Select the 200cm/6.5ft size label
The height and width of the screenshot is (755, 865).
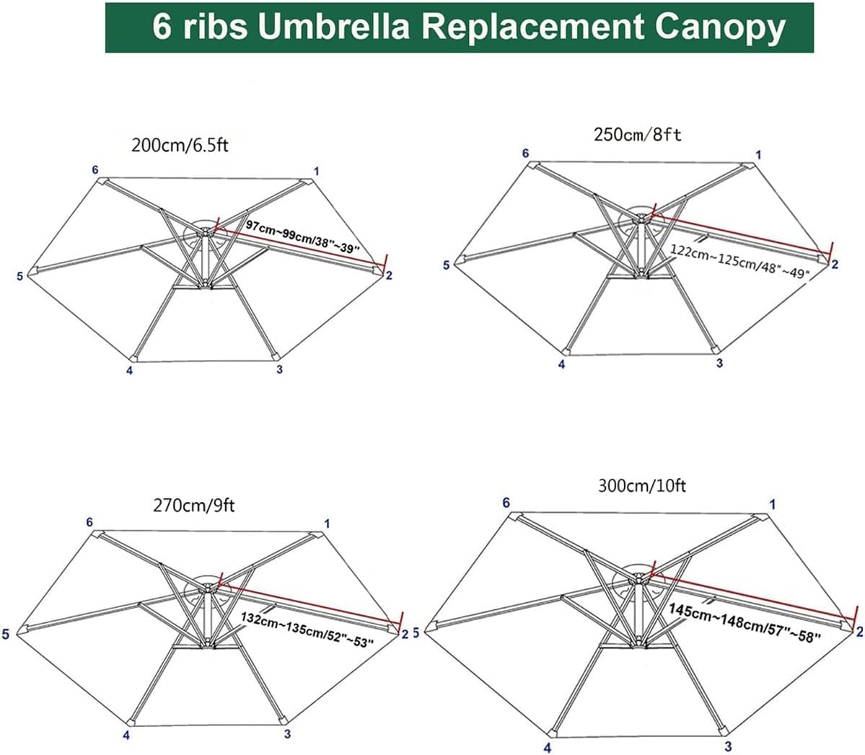tap(180, 145)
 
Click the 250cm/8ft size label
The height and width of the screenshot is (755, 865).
tap(637, 134)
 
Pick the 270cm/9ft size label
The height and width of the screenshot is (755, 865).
tap(193, 505)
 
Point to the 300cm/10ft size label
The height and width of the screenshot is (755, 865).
tap(642, 486)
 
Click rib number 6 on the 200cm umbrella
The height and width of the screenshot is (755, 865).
tap(95, 169)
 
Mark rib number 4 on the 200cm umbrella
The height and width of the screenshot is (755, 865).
tap(129, 371)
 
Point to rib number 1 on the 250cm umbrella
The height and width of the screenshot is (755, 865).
tap(758, 154)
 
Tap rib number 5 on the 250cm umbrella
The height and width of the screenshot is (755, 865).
tap(447, 265)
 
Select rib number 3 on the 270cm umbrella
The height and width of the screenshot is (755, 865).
tap(287, 735)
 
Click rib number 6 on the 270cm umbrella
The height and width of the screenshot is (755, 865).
tap(89, 522)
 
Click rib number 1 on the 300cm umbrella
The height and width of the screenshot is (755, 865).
tap(773, 504)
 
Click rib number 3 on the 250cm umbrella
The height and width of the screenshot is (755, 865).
tap(719, 363)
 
